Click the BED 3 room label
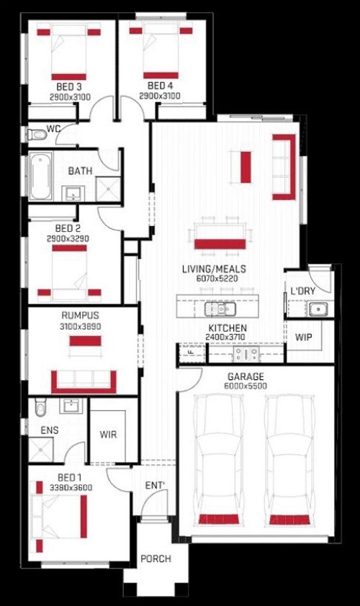pyautogui.click(x=69, y=86)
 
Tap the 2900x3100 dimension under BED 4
pyautogui.click(x=160, y=96)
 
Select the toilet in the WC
pyautogui.click(x=37, y=135)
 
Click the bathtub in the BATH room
pyautogui.click(x=40, y=176)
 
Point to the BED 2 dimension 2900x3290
pyautogui.click(x=68, y=239)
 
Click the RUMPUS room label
pyautogui.click(x=80, y=315)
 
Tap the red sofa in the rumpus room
pyautogui.click(x=84, y=382)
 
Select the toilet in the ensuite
pyautogui.click(x=40, y=407)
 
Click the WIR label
pyautogui.click(x=108, y=435)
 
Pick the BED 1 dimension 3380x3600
pyautogui.click(x=71, y=488)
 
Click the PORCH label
pyautogui.click(x=156, y=558)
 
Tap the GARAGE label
pyautogui.click(x=246, y=376)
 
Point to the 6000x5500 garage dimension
pyautogui.click(x=246, y=386)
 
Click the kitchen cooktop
pyautogui.click(x=246, y=353)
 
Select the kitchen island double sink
pyautogui.click(x=220, y=309)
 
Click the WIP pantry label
pyautogui.click(x=303, y=337)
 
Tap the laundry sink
pyautogui.click(x=318, y=309)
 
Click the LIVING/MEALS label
pyautogui.click(x=214, y=269)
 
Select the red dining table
pyautogui.click(x=220, y=244)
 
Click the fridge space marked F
pyautogui.click(x=191, y=353)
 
